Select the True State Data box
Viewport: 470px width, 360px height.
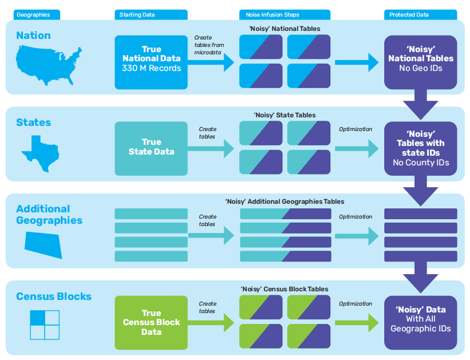(151, 147)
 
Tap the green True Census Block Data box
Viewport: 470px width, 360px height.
(151, 322)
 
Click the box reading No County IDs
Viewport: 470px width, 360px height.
(420, 148)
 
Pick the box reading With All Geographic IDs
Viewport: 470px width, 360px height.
(420, 322)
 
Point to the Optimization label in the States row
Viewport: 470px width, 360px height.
(355, 129)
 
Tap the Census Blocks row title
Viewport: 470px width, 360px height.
(54, 296)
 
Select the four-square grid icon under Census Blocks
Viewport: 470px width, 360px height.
(45, 325)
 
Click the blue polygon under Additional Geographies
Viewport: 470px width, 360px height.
(43, 245)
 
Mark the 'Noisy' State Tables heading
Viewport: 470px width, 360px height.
(284, 115)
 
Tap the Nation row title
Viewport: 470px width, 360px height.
(33, 35)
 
